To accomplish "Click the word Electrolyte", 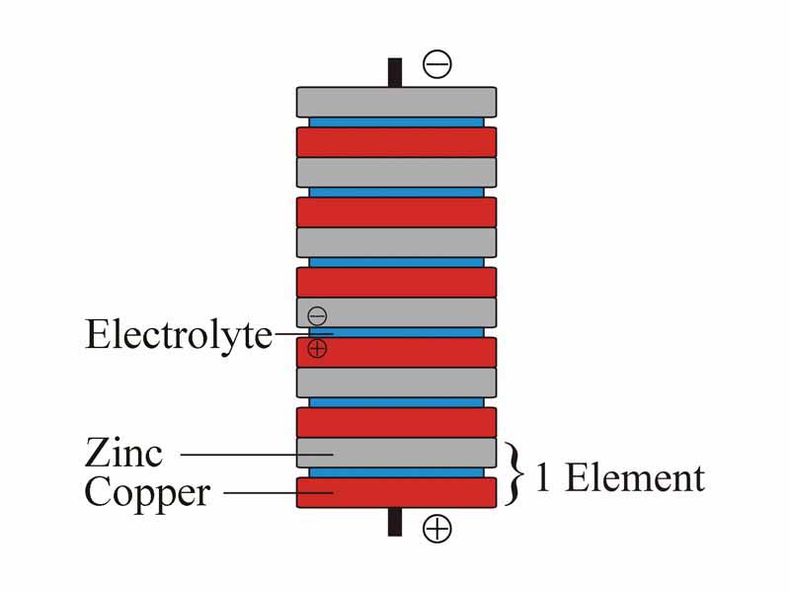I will point(178,334).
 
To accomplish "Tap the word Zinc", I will point(123,454).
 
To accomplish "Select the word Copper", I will point(147,491).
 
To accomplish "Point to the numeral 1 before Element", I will point(542,478).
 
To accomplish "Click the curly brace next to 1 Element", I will point(512,473).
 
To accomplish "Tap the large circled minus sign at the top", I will point(436,65).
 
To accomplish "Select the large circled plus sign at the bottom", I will point(436,529).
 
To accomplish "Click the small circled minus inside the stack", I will point(317,316).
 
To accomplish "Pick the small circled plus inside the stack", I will point(317,348).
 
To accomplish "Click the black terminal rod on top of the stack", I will point(395,72).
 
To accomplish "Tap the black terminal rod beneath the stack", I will point(395,522).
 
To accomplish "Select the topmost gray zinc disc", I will point(396,102).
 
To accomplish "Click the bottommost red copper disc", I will point(396,492).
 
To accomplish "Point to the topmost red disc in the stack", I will point(396,141).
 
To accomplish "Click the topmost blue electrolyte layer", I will point(396,122).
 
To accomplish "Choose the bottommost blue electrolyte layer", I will point(396,472).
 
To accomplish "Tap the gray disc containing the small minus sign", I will point(415,312).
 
